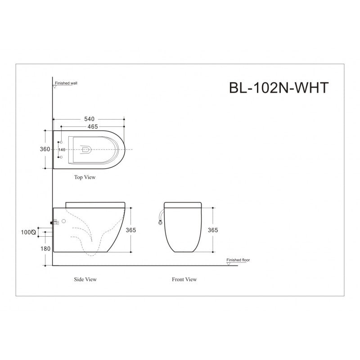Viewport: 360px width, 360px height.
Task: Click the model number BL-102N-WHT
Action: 279,87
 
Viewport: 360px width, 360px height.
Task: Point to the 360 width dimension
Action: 44,149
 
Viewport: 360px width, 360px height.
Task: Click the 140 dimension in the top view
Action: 62,149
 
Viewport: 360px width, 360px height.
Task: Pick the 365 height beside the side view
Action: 131,230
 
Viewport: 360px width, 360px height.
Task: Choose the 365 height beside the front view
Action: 213,230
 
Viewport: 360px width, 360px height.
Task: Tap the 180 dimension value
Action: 45,248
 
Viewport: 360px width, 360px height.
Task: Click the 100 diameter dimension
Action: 28,232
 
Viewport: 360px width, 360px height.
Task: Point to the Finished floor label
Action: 238,260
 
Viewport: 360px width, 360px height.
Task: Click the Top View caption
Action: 85,177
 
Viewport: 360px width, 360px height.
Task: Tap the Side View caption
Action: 85,279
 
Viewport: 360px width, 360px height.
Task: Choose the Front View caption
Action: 184,279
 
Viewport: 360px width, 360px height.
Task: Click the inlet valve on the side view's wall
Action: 55,221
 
